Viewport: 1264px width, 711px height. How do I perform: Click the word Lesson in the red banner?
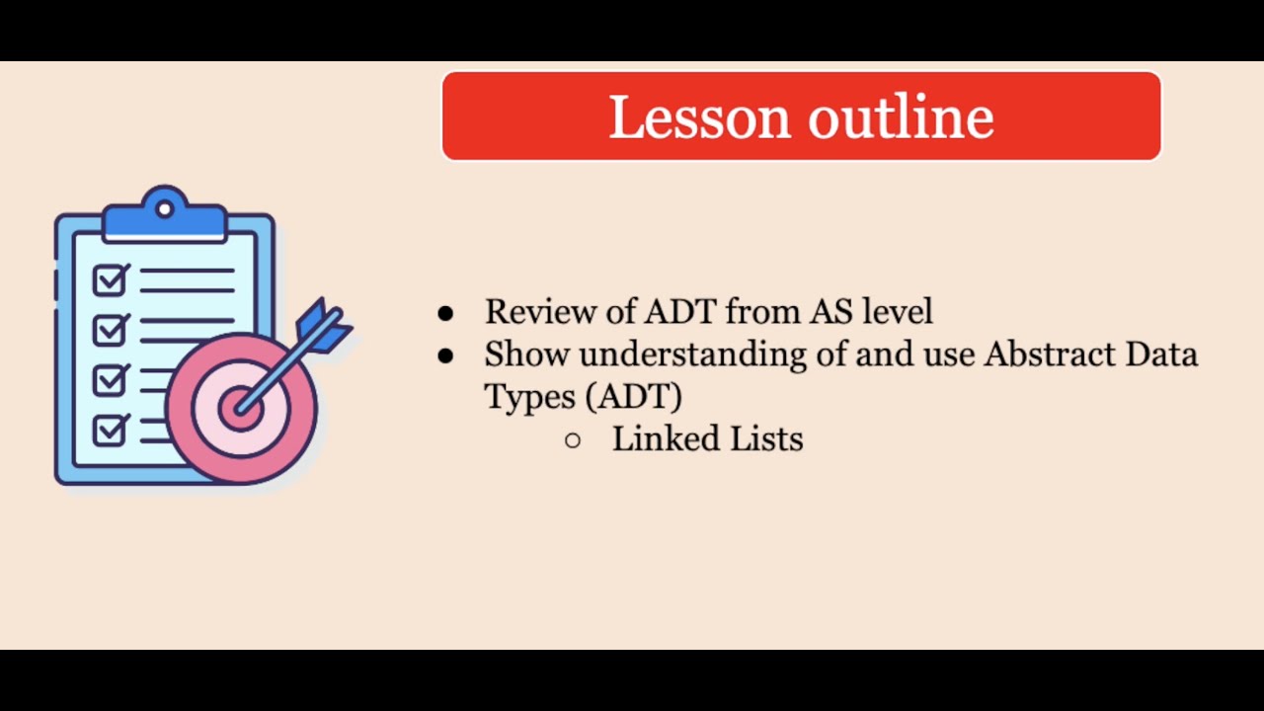click(699, 117)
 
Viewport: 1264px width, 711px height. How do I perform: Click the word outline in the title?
click(901, 117)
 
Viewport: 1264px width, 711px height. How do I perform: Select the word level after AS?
click(897, 312)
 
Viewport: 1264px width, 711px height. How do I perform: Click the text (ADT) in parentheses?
click(633, 397)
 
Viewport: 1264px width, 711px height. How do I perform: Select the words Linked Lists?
click(707, 439)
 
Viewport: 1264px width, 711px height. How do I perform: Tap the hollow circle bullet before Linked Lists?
click(573, 440)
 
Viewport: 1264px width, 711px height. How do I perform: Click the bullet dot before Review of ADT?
click(445, 313)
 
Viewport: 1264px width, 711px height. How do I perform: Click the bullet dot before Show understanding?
click(445, 355)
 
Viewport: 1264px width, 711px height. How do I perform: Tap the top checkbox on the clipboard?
click(109, 280)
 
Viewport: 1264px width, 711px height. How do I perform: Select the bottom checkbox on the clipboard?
click(109, 430)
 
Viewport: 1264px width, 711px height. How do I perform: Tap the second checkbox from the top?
click(109, 329)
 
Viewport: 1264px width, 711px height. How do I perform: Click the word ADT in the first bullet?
click(681, 312)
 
